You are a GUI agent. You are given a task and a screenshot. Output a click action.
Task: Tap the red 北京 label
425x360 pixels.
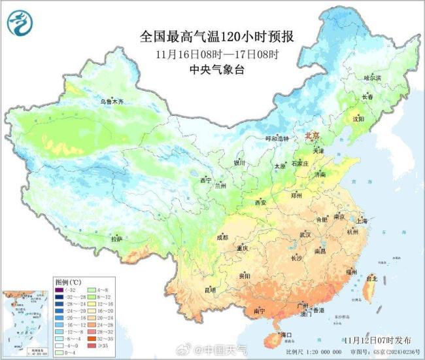(x=312, y=135)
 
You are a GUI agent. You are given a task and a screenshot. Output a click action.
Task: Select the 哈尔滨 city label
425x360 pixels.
(x=371, y=78)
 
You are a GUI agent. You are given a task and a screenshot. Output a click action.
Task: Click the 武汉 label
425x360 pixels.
(x=305, y=234)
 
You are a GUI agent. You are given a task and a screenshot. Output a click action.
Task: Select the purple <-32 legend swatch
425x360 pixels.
(x=59, y=290)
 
